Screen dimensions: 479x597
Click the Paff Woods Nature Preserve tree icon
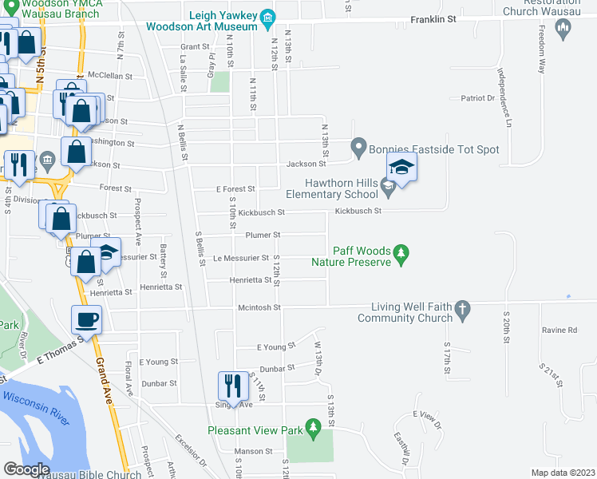click(403, 255)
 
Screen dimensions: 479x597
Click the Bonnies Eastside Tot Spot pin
click(358, 148)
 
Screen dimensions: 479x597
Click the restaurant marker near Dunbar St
click(232, 386)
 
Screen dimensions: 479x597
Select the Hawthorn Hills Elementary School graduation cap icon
click(389, 188)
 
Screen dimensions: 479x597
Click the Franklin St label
click(432, 20)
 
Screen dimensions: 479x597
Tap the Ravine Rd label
click(559, 329)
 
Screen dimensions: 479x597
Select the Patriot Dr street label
click(478, 98)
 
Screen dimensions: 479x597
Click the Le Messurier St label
click(240, 259)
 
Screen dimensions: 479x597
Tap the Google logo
click(26, 470)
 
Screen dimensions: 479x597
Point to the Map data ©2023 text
click(563, 473)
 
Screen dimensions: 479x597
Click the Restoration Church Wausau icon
click(563, 30)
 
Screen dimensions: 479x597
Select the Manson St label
click(255, 451)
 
